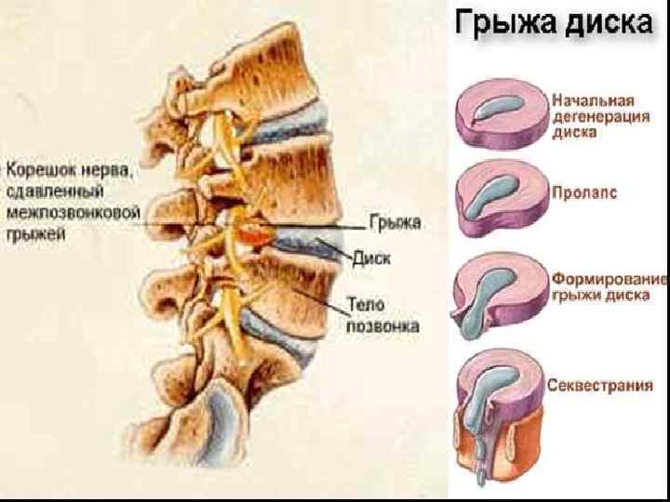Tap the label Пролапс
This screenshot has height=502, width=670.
click(x=583, y=194)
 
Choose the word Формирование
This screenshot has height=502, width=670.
click(x=610, y=280)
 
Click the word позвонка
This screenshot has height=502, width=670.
click(x=382, y=325)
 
